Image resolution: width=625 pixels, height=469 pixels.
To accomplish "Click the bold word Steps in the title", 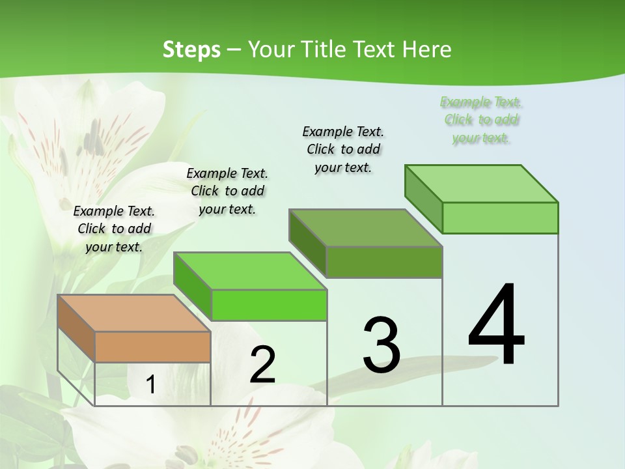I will [x=191, y=50].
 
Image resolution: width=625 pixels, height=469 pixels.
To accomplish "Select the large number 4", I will [x=497, y=326].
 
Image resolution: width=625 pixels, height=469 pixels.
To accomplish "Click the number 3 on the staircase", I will [x=382, y=345].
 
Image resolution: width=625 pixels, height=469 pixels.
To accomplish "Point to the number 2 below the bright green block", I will [x=262, y=365].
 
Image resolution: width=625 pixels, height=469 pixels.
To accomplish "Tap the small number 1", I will [x=151, y=384].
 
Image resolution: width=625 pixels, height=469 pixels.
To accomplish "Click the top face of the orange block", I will [x=133, y=313].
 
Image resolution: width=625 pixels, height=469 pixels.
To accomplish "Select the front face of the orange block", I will [x=152, y=347].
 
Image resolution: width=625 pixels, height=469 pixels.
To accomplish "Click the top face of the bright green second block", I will [x=249, y=271].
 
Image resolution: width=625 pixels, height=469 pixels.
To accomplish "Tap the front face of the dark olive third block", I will [x=384, y=263].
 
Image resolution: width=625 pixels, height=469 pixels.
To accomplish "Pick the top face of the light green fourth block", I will [x=481, y=184].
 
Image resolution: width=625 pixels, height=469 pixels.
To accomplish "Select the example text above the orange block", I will [x=114, y=229].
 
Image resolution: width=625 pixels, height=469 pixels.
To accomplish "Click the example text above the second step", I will [x=227, y=191].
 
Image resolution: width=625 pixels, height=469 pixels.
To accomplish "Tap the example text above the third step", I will [x=343, y=149].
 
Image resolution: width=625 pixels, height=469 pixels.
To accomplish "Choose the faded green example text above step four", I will [x=481, y=120].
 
